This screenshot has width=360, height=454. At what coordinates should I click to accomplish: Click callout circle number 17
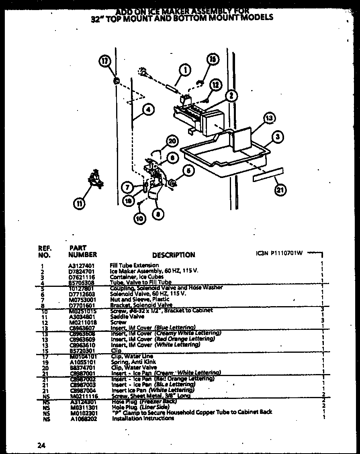point(104,61)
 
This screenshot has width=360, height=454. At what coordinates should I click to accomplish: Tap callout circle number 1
point(185,71)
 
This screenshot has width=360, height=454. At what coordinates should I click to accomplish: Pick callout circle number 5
point(188,171)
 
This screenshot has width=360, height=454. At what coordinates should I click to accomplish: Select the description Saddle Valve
point(121,317)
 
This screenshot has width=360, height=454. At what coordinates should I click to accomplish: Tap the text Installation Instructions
point(143,418)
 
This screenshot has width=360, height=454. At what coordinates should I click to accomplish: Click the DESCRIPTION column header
point(174,255)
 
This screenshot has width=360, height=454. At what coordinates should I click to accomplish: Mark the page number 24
point(41,445)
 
